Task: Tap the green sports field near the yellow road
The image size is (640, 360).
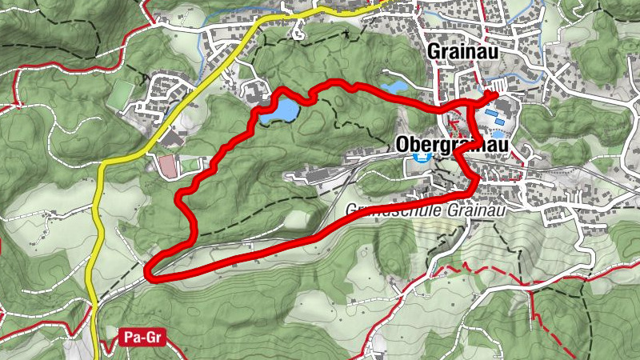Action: tap(121, 93)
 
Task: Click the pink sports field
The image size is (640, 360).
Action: tap(167, 166)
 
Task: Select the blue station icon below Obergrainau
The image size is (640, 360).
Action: tap(421, 157)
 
